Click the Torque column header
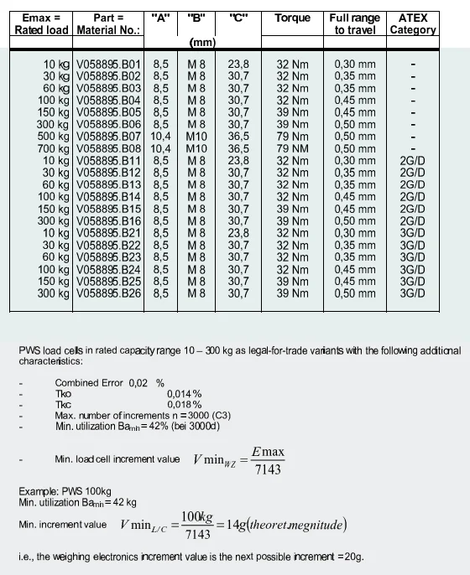pyautogui.click(x=292, y=18)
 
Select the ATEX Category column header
pyautogui.click(x=413, y=23)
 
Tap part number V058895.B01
pyautogui.click(x=109, y=64)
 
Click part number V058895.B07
pyautogui.click(x=109, y=136)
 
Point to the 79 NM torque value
pyautogui.click(x=293, y=148)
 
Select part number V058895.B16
pyautogui.click(x=109, y=220)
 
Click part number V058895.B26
pyautogui.click(x=109, y=293)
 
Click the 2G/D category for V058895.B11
pyautogui.click(x=412, y=160)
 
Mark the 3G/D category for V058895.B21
pyautogui.click(x=412, y=233)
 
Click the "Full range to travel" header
pyautogui.click(x=355, y=23)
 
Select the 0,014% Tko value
pyautogui.click(x=185, y=392)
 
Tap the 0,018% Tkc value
pyautogui.click(x=185, y=403)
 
